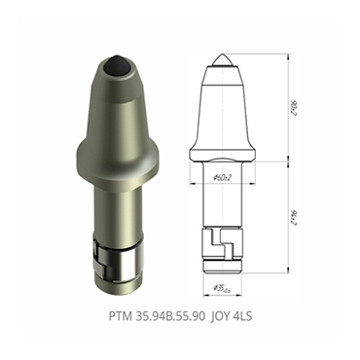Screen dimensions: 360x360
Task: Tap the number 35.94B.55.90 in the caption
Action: pos(170,317)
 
